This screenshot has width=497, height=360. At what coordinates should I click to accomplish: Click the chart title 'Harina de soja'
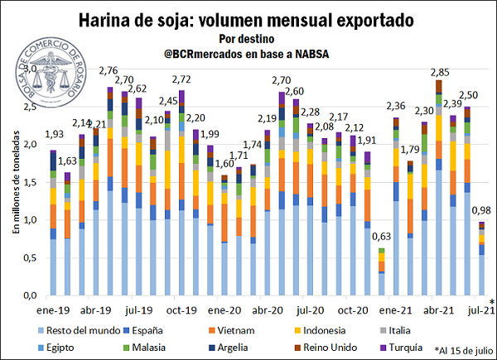pyautogui.click(x=248, y=18)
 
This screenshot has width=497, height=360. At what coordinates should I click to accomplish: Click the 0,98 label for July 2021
pyautogui.click(x=481, y=211)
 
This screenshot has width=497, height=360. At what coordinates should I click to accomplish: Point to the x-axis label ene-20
pyautogui.click(x=225, y=309)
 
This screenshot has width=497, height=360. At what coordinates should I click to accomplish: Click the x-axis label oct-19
pyautogui.click(x=181, y=309)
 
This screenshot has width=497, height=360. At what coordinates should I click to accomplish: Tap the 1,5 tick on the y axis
pyautogui.click(x=32, y=182)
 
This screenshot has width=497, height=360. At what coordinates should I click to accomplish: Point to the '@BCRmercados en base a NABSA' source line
pyautogui.click(x=248, y=53)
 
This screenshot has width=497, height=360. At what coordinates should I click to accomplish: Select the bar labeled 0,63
pyautogui.click(x=382, y=272)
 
